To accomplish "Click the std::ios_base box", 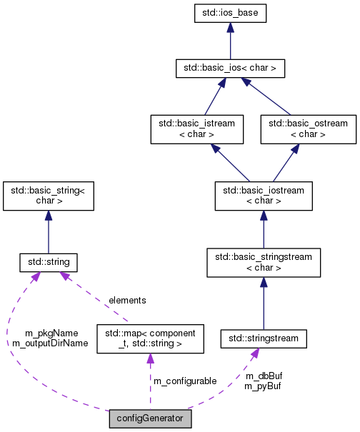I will pos(230,12).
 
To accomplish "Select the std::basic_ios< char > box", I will pos(230,69).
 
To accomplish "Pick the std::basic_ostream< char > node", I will pos(308,129).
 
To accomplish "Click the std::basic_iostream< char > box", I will pos(264,196).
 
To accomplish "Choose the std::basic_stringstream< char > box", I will pos(264,263).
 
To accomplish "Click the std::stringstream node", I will pos(264,336).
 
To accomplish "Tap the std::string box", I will pos(48,263).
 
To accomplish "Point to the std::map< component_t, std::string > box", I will pos(150,338).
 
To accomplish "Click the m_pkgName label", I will pos(51,333).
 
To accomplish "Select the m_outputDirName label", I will pos(50,343).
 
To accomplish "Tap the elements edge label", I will pos(127,301).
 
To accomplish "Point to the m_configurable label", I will pos(185,381).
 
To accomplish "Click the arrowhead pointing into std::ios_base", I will pos(230,27).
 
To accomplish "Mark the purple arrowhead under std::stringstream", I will pos(254,351).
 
